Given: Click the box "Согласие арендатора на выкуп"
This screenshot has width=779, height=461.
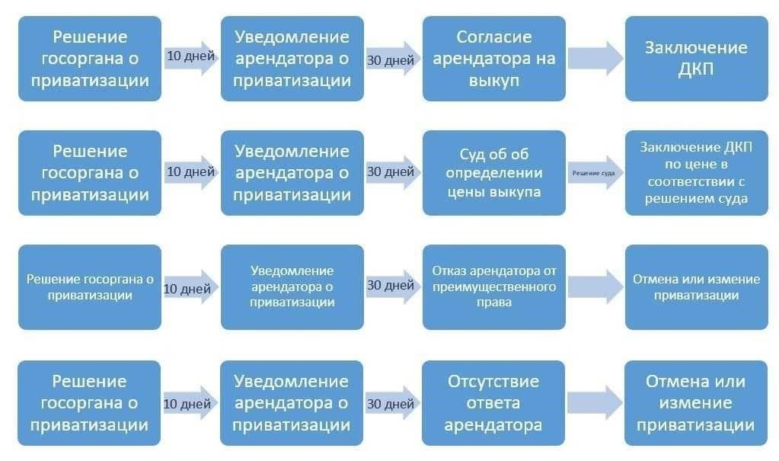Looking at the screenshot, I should tap(494, 59).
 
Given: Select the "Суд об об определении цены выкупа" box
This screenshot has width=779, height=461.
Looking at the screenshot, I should tap(494, 173).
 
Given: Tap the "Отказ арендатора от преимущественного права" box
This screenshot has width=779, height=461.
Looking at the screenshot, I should tap(494, 287).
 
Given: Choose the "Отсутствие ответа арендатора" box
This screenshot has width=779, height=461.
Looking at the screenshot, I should tap(494, 402).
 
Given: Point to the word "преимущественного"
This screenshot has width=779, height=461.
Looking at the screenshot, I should tap(494, 287).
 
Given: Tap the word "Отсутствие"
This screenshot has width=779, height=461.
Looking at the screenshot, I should tap(494, 381).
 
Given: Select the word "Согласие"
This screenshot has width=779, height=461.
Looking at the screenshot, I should tap(494, 37).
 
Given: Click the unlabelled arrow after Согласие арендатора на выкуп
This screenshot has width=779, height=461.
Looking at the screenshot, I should tap(595, 59).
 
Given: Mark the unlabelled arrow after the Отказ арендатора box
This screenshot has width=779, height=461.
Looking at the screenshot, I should tap(595, 287).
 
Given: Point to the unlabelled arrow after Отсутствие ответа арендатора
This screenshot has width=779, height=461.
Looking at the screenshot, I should tap(595, 402).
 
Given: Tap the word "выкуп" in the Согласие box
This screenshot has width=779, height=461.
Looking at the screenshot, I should tap(494, 80).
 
